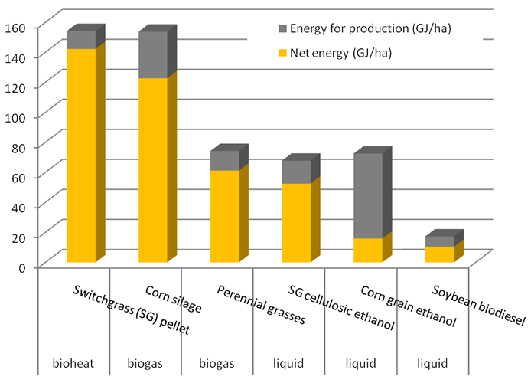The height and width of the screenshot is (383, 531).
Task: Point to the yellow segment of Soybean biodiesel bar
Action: [439, 254]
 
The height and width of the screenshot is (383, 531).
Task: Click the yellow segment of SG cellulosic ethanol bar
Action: [295, 223]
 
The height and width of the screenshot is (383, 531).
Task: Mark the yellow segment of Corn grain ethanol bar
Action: [366, 250]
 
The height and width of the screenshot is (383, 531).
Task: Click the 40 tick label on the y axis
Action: [18, 206]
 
